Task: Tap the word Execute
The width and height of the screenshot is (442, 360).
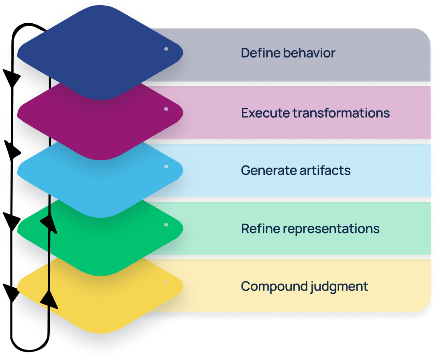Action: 266,113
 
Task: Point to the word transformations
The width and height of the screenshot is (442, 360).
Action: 341,113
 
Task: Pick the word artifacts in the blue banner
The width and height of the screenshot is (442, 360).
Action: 325,170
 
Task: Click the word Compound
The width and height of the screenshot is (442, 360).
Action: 274,286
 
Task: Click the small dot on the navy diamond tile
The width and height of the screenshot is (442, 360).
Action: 166,49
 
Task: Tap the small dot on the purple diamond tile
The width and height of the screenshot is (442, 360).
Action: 166,109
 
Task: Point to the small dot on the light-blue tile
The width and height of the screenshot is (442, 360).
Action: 166,166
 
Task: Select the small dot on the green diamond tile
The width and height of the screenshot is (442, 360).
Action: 166,225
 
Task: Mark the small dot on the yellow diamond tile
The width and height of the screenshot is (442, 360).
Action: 166,282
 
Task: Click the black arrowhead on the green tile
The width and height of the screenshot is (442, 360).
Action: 49,224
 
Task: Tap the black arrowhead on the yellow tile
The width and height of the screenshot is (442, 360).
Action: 49,299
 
